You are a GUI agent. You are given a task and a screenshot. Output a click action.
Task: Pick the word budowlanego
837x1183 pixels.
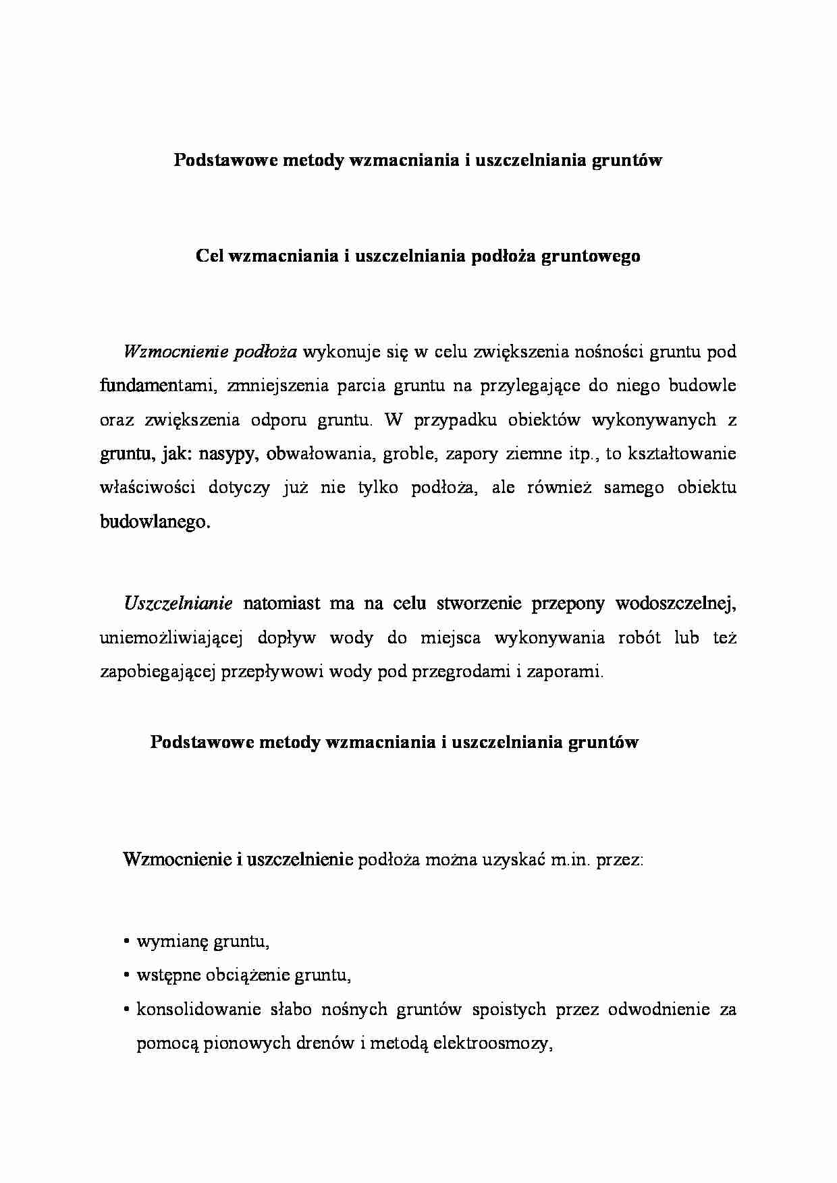[x=155, y=521]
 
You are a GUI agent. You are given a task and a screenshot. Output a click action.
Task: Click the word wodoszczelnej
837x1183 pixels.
[x=675, y=604]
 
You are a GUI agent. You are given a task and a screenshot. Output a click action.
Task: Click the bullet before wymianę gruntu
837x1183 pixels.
[x=127, y=942]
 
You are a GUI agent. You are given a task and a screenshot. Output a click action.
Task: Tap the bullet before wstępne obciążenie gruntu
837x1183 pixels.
[x=127, y=976]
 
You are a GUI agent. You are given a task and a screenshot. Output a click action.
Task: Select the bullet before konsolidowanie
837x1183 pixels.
[x=127, y=1010]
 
